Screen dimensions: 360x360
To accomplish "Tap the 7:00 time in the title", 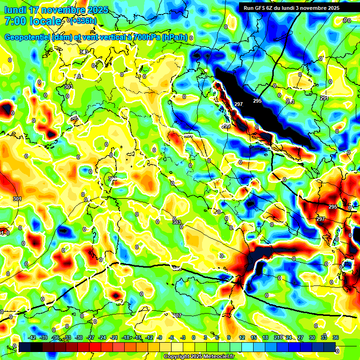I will click(x=14, y=21).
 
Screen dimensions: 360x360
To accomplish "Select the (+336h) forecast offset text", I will click(x=84, y=21).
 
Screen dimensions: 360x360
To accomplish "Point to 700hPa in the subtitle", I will click(x=144, y=37).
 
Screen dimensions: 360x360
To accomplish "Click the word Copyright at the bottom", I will click(x=176, y=357).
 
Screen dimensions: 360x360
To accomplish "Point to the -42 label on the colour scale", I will click(x=32, y=338).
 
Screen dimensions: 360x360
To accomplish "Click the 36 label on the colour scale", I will click(x=336, y=338).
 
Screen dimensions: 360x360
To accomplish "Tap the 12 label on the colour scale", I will click(x=242, y=338).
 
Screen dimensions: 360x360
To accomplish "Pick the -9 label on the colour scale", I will click(x=159, y=338).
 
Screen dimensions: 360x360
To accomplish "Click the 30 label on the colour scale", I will click(x=312, y=338).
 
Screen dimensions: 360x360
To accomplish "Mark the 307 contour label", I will click(x=177, y=315).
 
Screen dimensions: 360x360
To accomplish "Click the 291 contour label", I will click(x=324, y=98).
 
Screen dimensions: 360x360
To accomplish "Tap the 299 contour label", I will click(x=226, y=126).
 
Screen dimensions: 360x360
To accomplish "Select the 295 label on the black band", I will click(x=257, y=101).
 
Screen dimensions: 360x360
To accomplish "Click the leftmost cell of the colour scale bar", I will click(x=24, y=347).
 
